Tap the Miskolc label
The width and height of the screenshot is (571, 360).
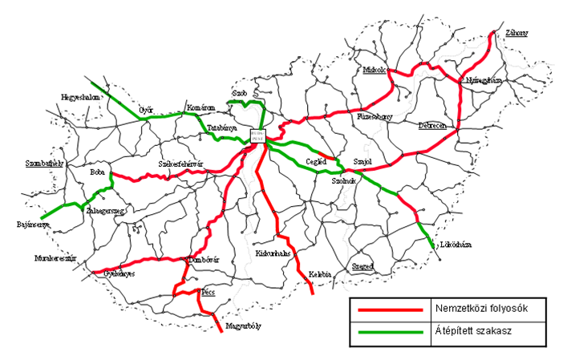(374, 70)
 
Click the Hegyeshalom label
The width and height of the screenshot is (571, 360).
(79, 97)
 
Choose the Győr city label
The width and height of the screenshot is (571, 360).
(145, 109)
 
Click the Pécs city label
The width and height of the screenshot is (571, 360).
(209, 293)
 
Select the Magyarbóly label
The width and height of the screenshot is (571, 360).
(245, 326)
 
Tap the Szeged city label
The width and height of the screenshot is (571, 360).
(364, 265)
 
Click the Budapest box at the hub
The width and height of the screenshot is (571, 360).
(258, 136)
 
